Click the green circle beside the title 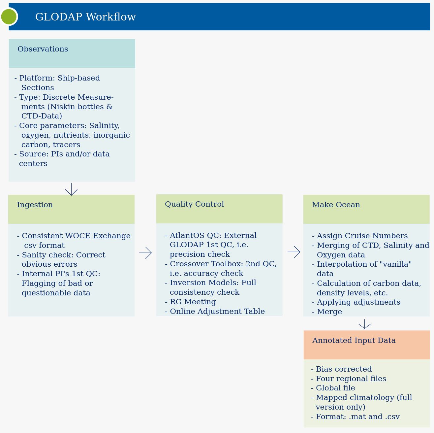point(9,17)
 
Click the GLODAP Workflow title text point(86,17)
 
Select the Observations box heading point(43,49)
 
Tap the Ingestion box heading point(35,205)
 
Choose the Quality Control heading point(194,204)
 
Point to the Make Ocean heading point(336,205)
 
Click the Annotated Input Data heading point(354,340)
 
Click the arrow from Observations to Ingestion point(71,189)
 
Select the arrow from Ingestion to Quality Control point(145,253)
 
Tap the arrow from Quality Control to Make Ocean point(294,252)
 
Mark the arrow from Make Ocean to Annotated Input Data point(365,324)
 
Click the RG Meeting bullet point(190,302)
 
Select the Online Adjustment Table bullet point(215,311)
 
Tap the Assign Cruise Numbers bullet point(360,236)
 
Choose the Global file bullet point(333,388)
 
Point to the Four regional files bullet point(349,379)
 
